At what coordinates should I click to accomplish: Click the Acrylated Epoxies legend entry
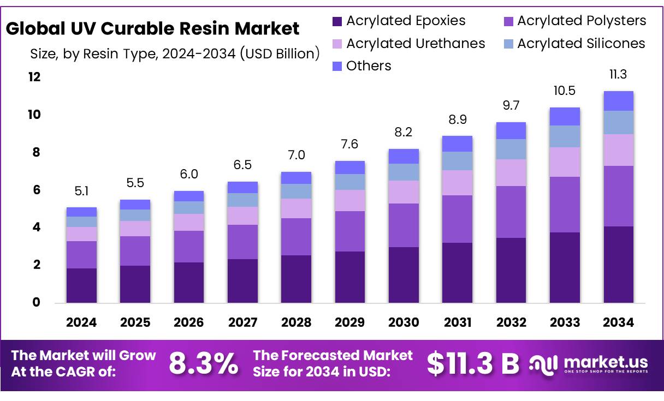point(399,21)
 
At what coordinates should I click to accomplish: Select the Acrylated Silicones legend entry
point(573,44)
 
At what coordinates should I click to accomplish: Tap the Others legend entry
point(361,66)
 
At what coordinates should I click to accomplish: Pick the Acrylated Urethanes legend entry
point(408,44)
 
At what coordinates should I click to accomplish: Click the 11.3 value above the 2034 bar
point(618,74)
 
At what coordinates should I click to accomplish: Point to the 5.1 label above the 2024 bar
point(81,191)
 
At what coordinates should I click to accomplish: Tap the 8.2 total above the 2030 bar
point(404,132)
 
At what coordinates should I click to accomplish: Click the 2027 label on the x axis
point(242,322)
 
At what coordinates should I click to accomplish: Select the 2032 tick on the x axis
point(511,322)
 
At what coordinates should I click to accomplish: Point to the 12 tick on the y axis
point(34,77)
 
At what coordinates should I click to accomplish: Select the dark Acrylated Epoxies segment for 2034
point(618,265)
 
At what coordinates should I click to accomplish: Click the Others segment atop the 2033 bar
point(565,116)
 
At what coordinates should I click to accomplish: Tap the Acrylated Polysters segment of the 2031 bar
point(457,219)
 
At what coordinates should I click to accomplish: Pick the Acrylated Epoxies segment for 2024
point(81,285)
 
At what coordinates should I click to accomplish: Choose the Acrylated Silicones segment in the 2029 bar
point(349,182)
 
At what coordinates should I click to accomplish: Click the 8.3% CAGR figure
point(203,364)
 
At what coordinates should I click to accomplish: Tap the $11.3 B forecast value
point(472,364)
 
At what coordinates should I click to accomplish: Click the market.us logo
point(590,364)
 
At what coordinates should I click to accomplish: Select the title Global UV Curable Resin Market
point(153,28)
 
